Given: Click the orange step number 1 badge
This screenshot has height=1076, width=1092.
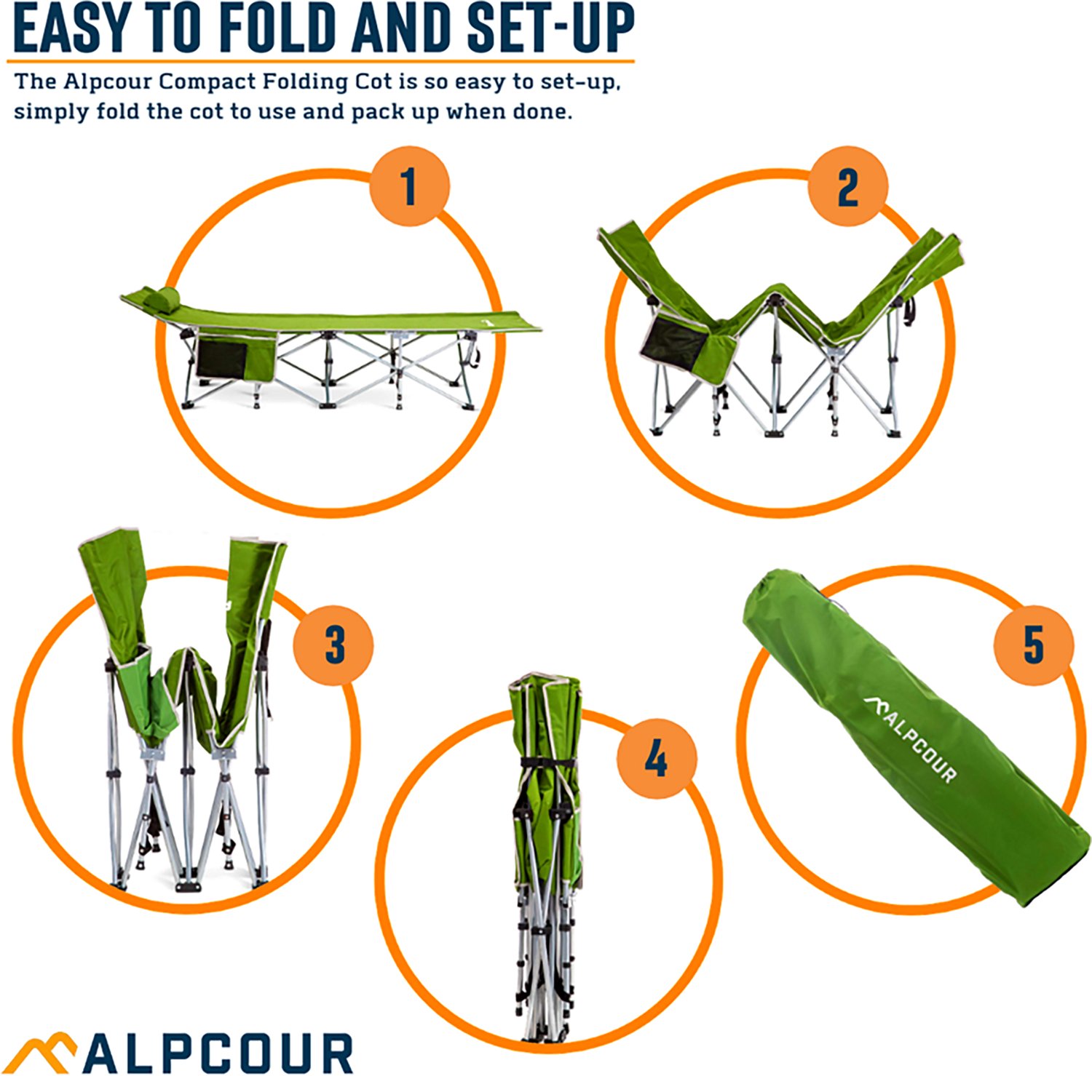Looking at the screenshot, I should [x=409, y=186].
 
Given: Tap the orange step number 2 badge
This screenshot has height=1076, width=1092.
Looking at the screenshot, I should [x=847, y=186].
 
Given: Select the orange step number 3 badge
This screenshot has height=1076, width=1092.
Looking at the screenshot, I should [x=333, y=645].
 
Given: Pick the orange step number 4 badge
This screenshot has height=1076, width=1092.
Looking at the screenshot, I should [x=656, y=759].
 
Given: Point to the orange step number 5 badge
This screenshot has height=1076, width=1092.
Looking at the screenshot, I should [x=1034, y=645].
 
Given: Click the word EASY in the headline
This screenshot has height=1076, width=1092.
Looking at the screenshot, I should [x=71, y=29].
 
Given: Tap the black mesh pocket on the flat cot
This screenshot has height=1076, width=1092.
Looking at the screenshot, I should [x=221, y=359].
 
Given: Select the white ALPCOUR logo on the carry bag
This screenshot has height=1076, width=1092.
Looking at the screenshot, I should [x=911, y=738].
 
